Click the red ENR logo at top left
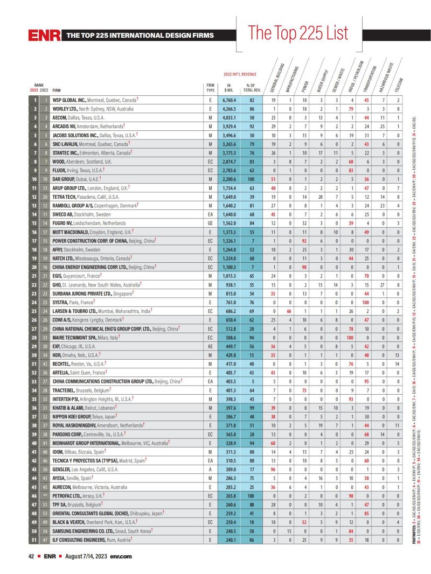44,36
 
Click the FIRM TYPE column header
211,88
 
